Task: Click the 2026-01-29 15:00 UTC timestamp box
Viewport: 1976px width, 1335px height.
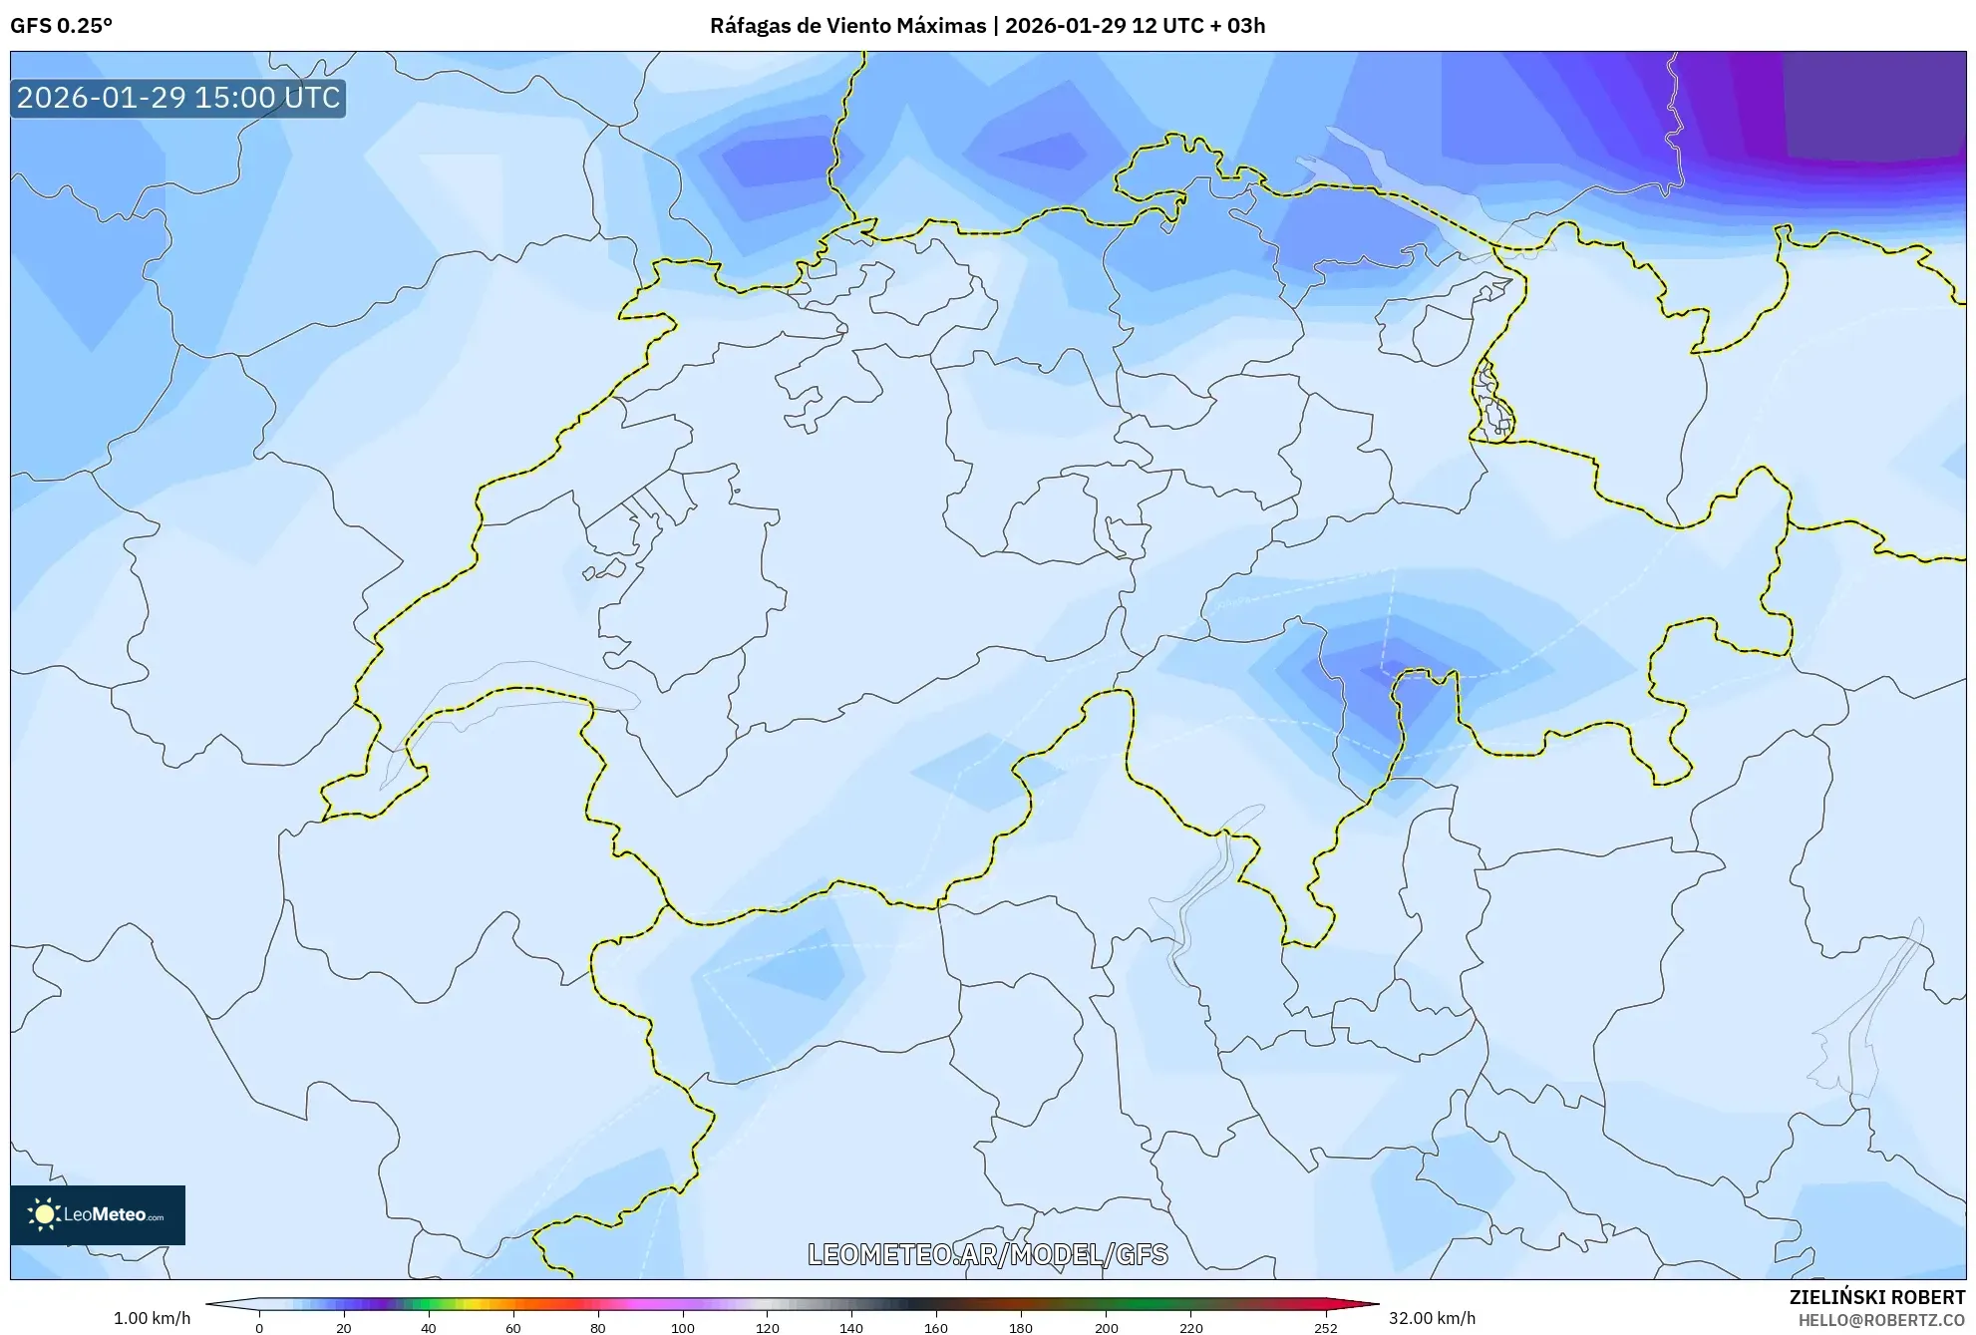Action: click(x=178, y=98)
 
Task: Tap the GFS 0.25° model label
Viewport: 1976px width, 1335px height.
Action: click(x=61, y=25)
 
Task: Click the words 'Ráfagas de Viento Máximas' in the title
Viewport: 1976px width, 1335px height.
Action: click(x=847, y=25)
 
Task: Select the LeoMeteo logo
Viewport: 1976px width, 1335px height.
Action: click(x=98, y=1214)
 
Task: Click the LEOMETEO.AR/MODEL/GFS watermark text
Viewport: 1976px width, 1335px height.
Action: click(x=987, y=1254)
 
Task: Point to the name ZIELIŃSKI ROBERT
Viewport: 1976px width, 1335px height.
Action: click(x=1876, y=1297)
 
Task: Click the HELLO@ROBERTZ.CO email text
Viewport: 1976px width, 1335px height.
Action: click(x=1880, y=1320)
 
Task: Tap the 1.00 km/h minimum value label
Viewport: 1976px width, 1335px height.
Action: click(x=152, y=1318)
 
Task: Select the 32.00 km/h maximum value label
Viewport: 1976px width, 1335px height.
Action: click(x=1432, y=1318)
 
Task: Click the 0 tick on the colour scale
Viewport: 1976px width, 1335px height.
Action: click(x=259, y=1327)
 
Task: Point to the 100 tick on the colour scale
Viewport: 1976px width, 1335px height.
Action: click(x=683, y=1327)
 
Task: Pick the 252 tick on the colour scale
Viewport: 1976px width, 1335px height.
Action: click(x=1325, y=1327)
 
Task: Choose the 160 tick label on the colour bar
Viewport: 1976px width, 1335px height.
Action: click(x=936, y=1327)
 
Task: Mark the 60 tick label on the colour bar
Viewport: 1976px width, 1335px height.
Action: click(x=513, y=1327)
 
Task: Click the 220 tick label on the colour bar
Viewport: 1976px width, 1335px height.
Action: click(x=1190, y=1327)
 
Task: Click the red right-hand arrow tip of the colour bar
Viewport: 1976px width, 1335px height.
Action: click(x=1370, y=1303)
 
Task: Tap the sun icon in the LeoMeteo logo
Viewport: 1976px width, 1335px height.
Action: click(x=44, y=1214)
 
